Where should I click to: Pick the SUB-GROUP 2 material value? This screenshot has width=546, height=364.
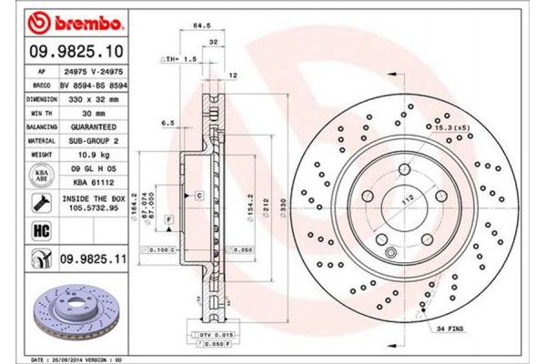pos(94,141)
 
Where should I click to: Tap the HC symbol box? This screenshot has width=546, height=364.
pos(42,232)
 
